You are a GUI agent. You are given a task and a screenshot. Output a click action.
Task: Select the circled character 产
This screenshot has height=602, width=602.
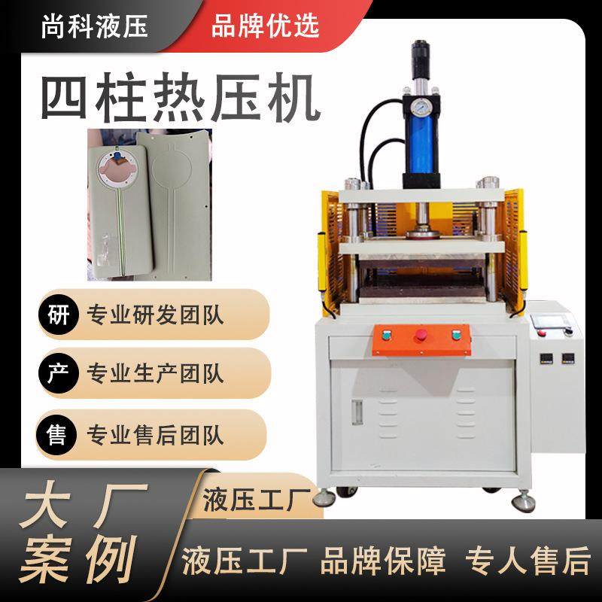(x=57, y=372)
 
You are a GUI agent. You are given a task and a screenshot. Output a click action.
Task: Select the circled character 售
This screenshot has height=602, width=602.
(x=57, y=434)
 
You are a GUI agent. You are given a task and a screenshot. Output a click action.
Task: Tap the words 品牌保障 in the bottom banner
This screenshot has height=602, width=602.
(x=383, y=561)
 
